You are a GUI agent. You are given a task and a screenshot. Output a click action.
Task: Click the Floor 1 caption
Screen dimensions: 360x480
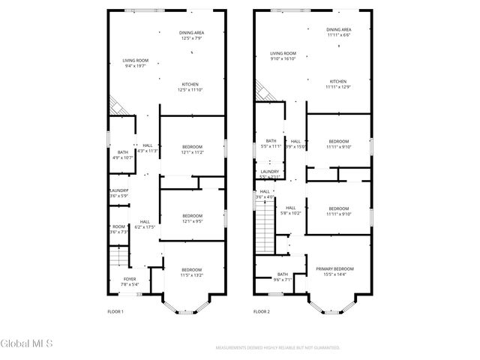tap(115, 311)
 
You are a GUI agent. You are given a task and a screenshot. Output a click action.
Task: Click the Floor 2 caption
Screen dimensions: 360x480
tap(261, 311)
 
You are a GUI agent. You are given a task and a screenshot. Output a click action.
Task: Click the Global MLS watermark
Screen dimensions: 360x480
tap(27, 344)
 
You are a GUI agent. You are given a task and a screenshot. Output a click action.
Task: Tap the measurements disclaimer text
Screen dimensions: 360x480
tap(277, 348)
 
